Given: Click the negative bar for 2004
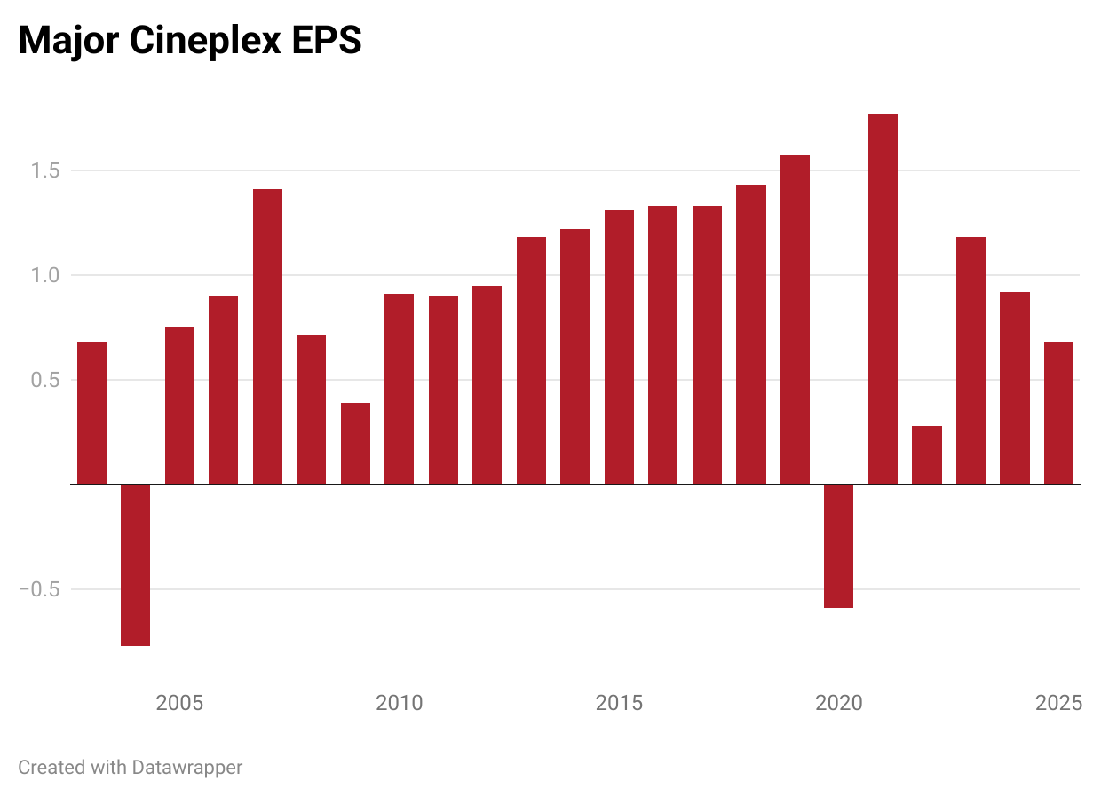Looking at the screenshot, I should [135, 564].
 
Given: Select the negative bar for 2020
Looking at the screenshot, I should [838, 546].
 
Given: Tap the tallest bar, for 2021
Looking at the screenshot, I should [883, 299].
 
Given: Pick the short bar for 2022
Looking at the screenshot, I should [926, 455].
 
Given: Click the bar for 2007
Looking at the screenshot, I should [267, 336].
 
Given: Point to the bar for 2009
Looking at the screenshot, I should [355, 444].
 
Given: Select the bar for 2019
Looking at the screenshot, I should [795, 320].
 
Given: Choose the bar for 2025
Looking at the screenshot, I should [1058, 413].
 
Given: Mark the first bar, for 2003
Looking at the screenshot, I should [91, 413].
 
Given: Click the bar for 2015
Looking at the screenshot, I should [619, 347].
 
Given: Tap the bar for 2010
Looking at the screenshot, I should [399, 389].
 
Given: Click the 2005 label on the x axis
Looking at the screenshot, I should [179, 704].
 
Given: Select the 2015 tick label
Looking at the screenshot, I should [619, 704].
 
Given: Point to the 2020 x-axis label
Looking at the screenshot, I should [838, 704].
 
